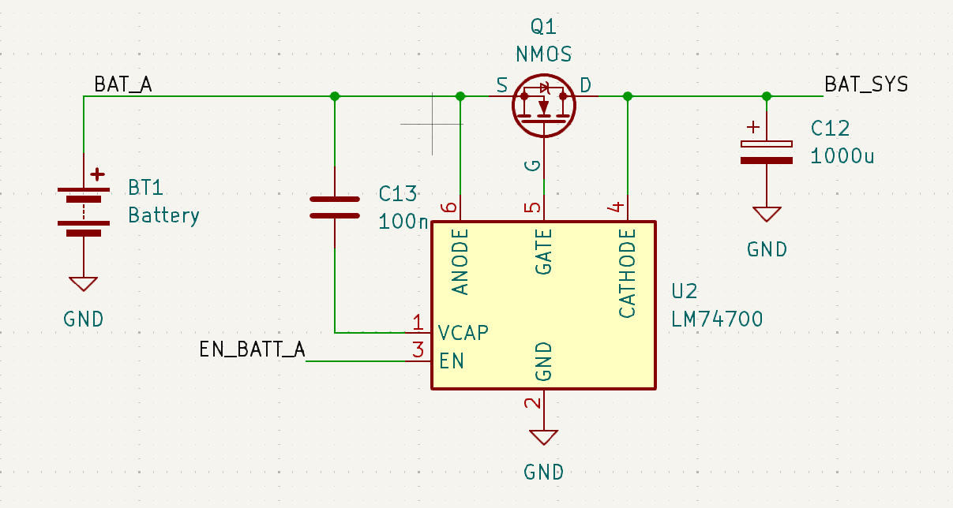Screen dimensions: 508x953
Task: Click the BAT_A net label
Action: (x=122, y=84)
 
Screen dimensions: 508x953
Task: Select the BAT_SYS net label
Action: (x=865, y=84)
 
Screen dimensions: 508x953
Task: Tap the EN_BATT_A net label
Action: (x=252, y=349)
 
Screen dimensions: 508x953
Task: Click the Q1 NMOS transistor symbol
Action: (x=543, y=106)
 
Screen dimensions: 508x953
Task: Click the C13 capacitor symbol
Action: (x=334, y=207)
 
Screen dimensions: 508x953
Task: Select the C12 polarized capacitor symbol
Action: (x=766, y=152)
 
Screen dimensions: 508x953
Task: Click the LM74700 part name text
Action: (x=717, y=319)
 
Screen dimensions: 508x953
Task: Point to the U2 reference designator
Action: (x=685, y=292)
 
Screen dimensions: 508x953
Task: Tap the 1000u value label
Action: (x=842, y=155)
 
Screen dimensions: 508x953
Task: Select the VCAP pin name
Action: (x=463, y=332)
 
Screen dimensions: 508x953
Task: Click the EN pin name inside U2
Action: (x=452, y=361)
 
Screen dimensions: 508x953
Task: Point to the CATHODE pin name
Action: (x=627, y=273)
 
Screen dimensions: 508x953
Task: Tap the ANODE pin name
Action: (x=460, y=261)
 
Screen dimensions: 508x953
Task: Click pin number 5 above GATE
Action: (x=534, y=207)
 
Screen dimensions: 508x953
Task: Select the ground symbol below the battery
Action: (x=83, y=284)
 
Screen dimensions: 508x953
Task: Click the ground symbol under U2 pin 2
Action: (x=543, y=437)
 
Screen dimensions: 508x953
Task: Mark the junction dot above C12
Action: (x=766, y=96)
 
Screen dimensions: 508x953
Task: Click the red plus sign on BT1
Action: (x=97, y=174)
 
